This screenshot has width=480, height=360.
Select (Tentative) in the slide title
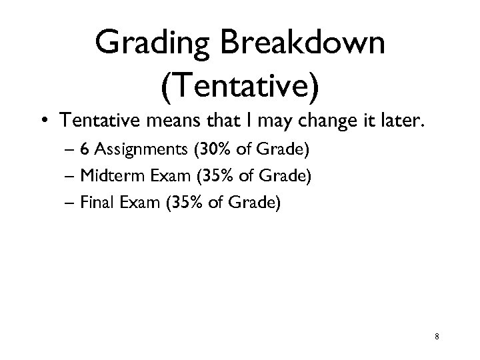[x=240, y=86]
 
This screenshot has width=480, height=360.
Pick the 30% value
[x=210, y=150]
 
